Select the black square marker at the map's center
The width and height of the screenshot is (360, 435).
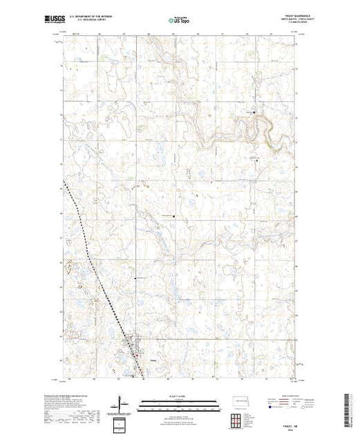pyautogui.click(x=174, y=216)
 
